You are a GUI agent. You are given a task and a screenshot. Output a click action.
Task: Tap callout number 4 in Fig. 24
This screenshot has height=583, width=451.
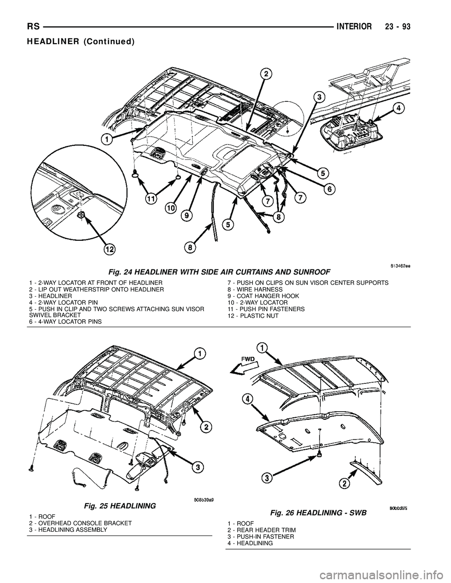click(398, 108)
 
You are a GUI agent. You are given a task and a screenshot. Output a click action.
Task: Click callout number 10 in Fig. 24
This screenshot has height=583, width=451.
click(171, 207)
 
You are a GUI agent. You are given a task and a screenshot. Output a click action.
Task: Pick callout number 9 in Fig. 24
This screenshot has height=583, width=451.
click(187, 215)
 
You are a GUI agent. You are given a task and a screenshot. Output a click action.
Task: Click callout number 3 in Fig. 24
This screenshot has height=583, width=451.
click(319, 97)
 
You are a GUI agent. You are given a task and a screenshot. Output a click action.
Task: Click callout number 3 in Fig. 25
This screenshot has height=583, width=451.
click(199, 467)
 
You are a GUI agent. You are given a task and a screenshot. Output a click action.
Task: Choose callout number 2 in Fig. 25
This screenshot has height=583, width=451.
click(206, 426)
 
